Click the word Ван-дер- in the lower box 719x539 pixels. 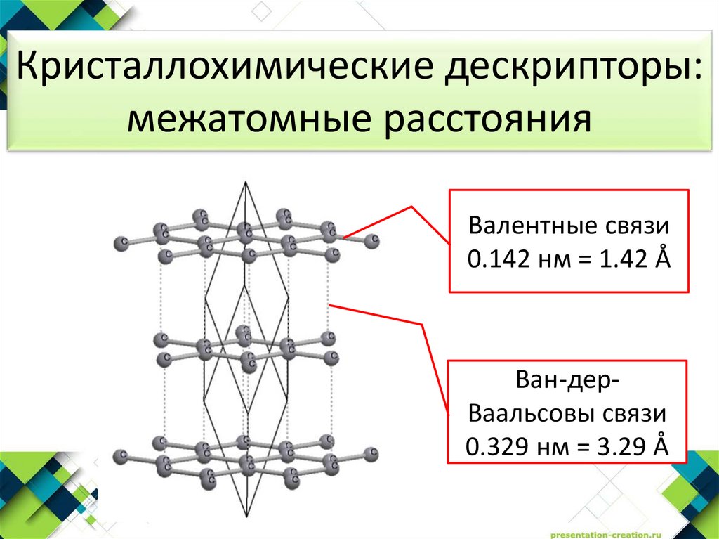click(567, 382)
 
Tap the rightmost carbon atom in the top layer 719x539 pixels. click(372, 241)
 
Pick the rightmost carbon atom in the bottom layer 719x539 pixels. click(371, 453)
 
